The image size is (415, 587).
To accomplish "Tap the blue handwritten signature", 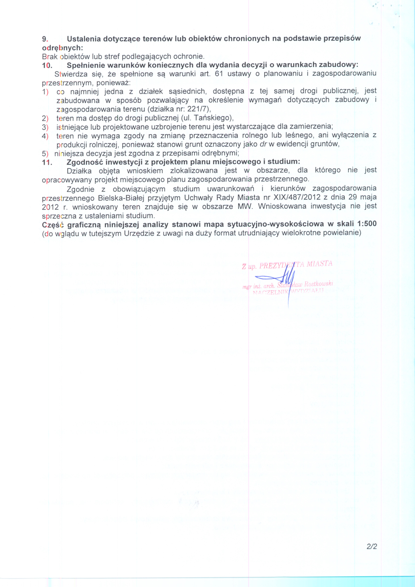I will click(x=281, y=279).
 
